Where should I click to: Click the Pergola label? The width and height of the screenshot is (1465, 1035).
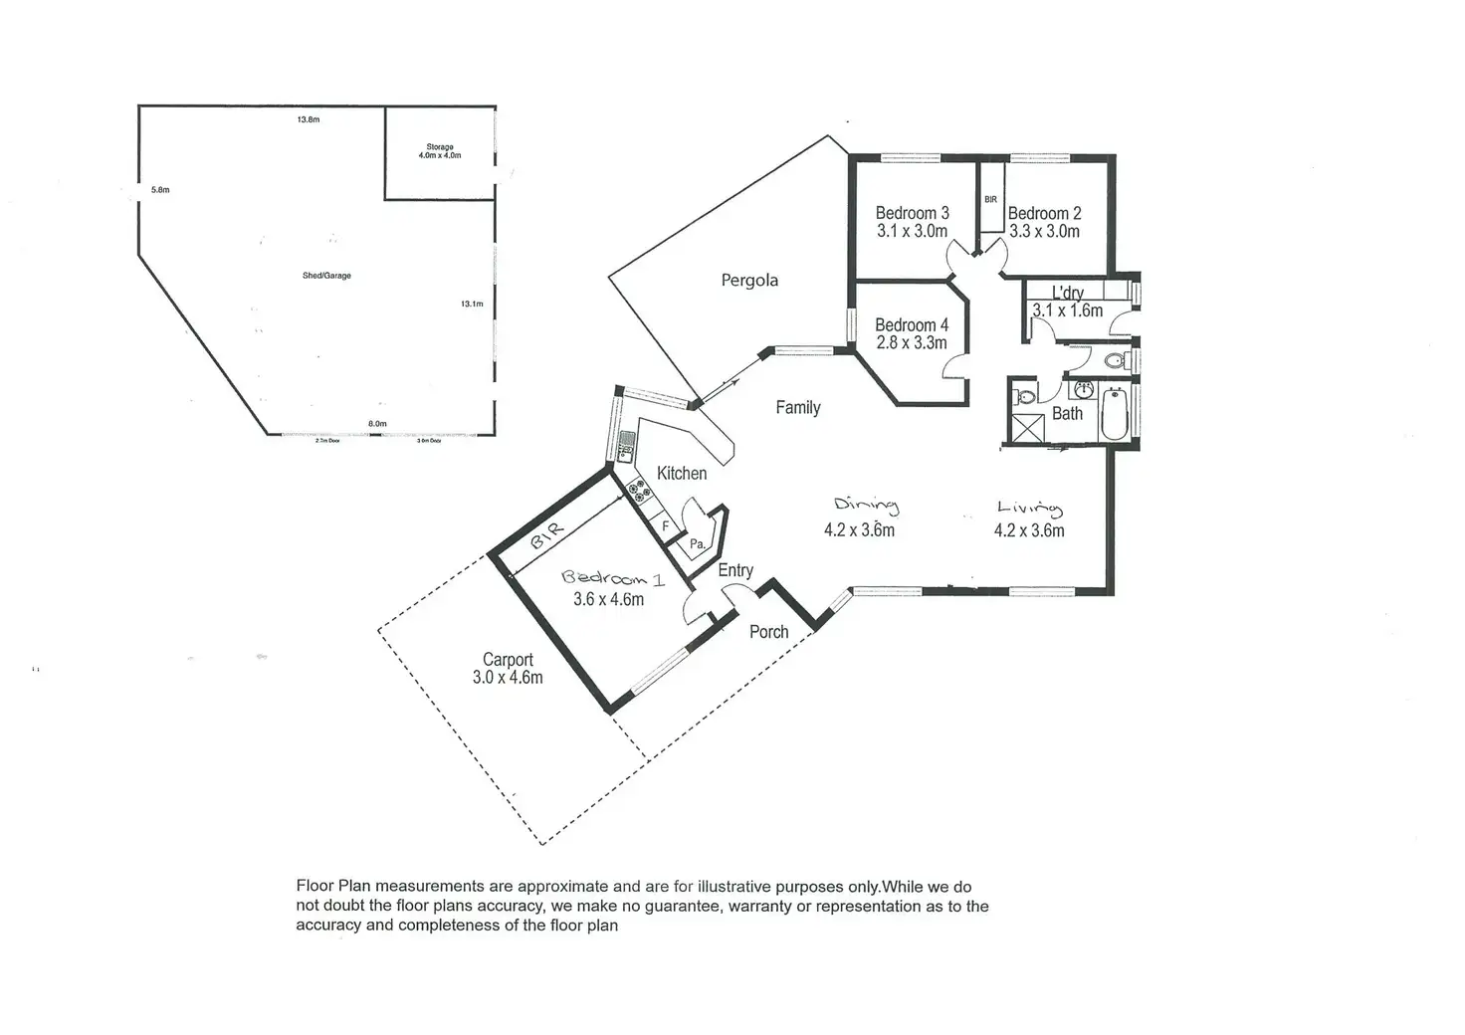(749, 281)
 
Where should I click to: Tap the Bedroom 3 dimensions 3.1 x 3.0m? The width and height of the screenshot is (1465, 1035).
(912, 231)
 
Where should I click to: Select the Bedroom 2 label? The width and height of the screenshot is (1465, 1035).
(1044, 213)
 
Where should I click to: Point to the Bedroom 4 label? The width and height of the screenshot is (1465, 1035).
(912, 324)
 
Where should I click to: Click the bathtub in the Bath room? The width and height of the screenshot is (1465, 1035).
(1115, 414)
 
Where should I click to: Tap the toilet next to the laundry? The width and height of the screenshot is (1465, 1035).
(1116, 359)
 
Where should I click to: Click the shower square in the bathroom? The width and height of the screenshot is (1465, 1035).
(1027, 427)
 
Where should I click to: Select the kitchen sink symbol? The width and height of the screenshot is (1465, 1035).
(626, 447)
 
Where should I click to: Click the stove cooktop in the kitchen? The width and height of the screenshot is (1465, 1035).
(638, 492)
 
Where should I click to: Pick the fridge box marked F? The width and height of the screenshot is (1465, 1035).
(665, 525)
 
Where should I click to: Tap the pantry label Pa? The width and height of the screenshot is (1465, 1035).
(698, 544)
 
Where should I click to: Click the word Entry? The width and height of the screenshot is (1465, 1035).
(735, 570)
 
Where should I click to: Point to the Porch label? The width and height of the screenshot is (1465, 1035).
(768, 632)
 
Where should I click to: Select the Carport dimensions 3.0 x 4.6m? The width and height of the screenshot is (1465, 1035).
(508, 678)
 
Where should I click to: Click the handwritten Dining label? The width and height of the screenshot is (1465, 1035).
(866, 506)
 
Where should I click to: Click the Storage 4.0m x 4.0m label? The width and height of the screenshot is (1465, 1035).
(440, 151)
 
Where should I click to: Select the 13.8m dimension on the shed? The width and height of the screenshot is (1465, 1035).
(309, 119)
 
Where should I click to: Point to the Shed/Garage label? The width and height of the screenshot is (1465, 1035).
(326, 276)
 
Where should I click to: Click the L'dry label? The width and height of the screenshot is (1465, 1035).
(1068, 293)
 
